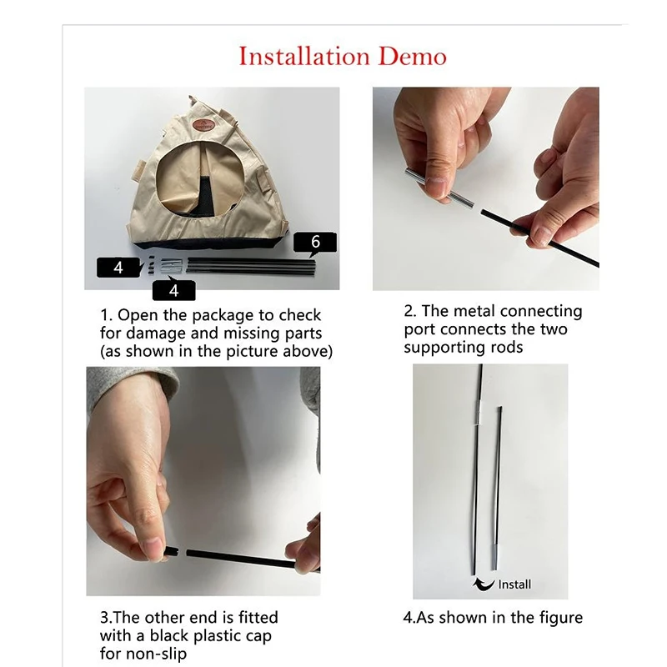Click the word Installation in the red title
[x=304, y=57]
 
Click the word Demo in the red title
[x=413, y=57]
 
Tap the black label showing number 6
[x=315, y=243]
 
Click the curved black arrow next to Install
[x=484, y=584]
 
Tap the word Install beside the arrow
[x=514, y=584]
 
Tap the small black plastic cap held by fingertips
[x=172, y=553]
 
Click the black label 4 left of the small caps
[x=118, y=268]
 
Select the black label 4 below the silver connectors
[x=174, y=291]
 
